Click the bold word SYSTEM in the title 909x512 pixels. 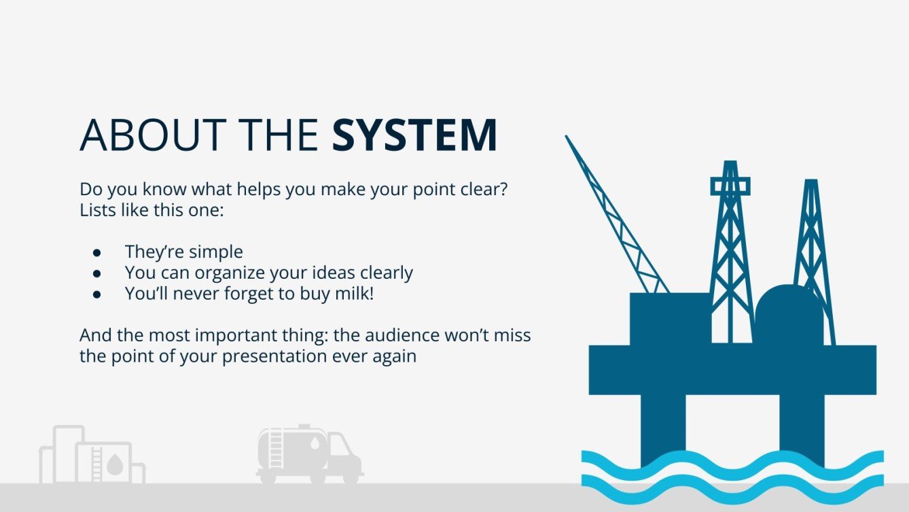414,135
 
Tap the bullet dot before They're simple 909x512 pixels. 97,252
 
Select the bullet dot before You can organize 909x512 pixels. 97,273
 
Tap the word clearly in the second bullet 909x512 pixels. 380,273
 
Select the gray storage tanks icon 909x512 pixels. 91,456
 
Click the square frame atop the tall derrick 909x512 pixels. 730,185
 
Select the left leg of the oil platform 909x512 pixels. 663,425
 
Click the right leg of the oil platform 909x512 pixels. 802,425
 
